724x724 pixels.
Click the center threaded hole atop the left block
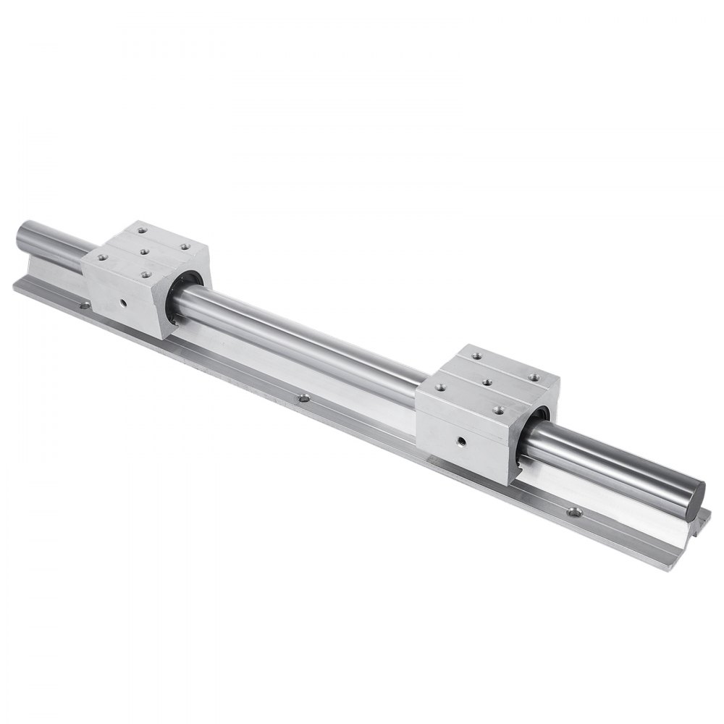(145, 251)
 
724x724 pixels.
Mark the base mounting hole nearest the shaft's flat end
(575, 513)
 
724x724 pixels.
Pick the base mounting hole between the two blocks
(304, 397)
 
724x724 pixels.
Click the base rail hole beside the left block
(84, 306)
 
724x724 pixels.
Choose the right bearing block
(485, 413)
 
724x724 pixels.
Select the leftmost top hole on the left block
(101, 256)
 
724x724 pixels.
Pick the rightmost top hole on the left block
(185, 247)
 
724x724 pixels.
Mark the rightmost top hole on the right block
(534, 376)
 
